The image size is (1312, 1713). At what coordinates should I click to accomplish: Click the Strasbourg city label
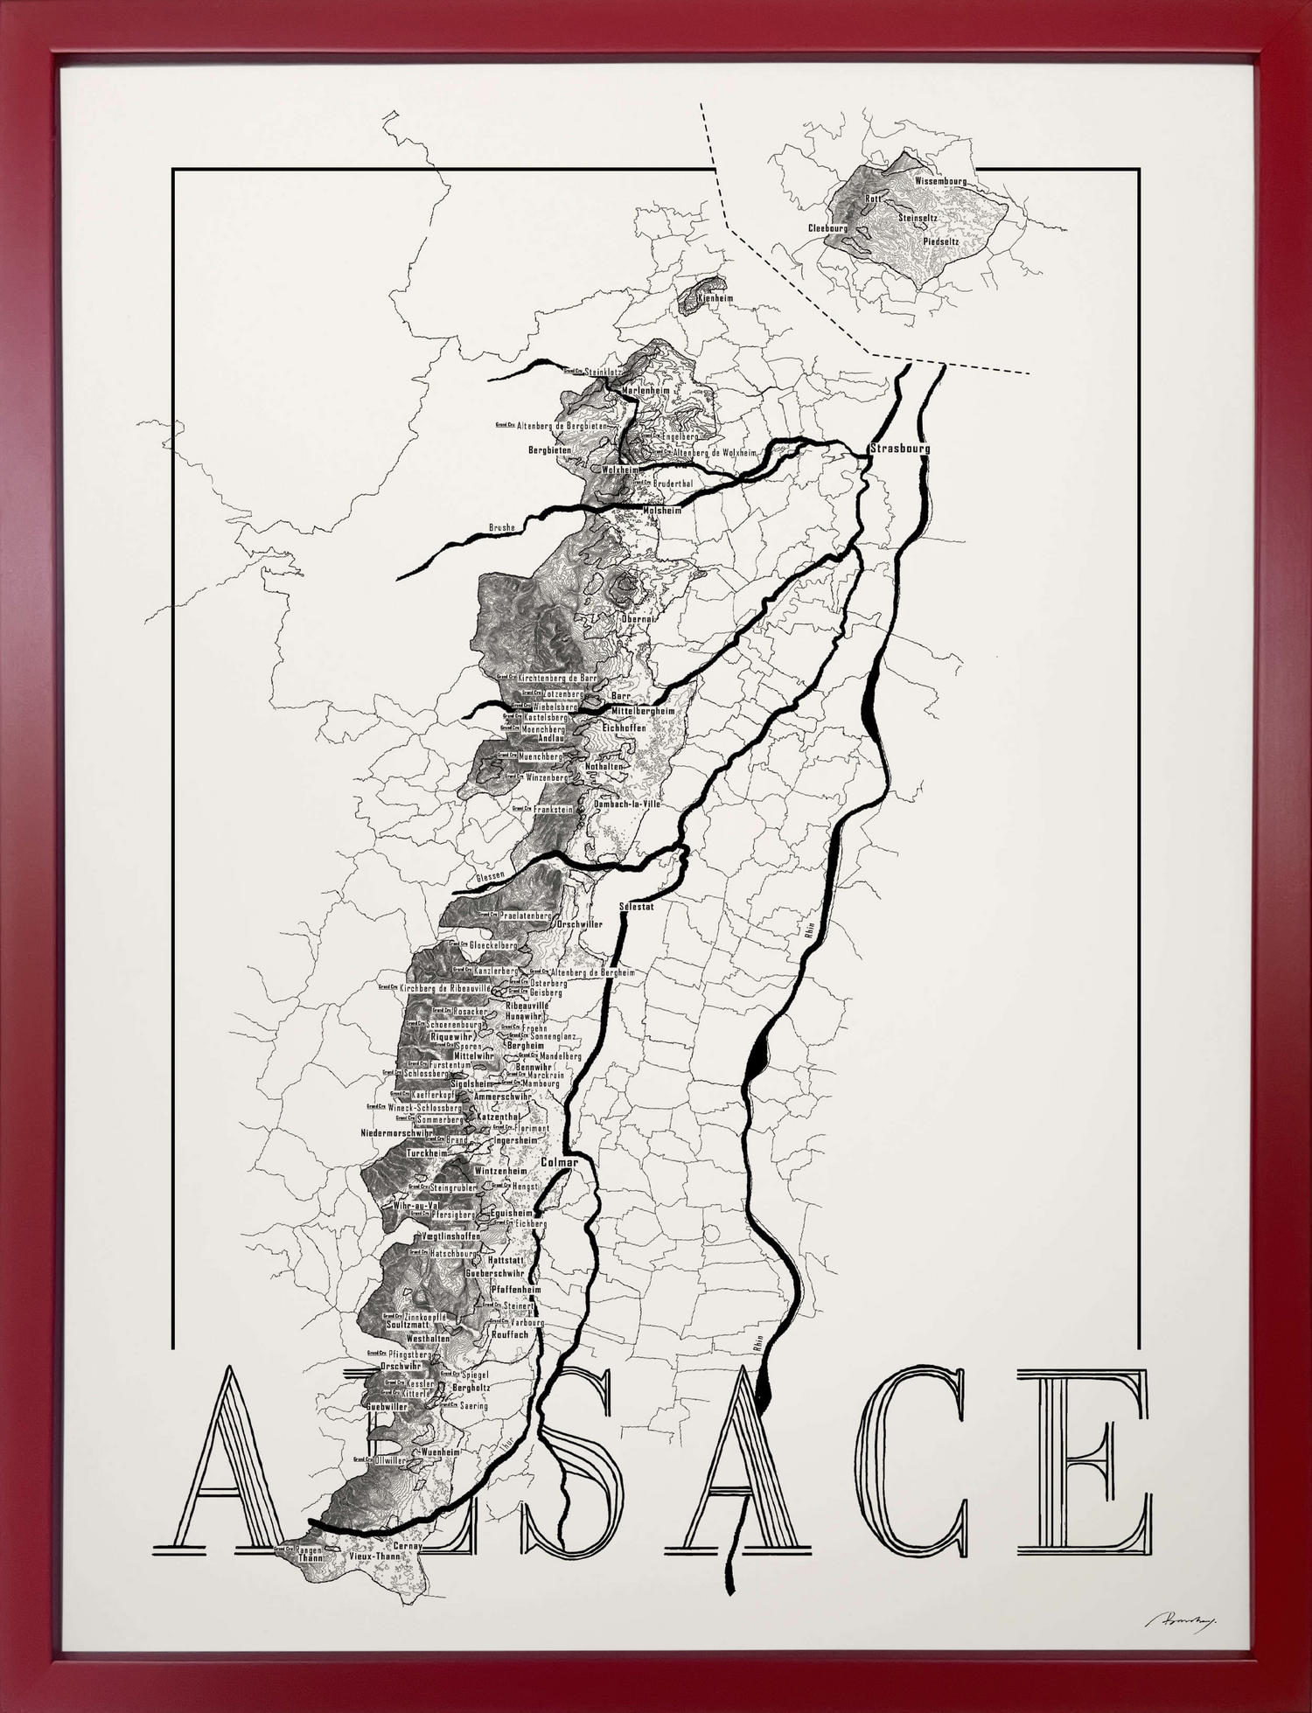coord(900,449)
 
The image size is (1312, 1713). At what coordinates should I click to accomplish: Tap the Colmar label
coord(559,1163)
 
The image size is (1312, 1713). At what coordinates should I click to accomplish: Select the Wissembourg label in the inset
coord(940,181)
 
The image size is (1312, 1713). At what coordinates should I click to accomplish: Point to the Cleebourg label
coord(827,228)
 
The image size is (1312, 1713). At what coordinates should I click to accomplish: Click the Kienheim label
coord(715,298)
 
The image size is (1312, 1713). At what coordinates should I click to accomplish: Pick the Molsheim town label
coord(661,510)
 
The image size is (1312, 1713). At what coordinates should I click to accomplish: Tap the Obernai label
coord(638,618)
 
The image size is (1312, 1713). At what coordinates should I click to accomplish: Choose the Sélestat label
coord(636,907)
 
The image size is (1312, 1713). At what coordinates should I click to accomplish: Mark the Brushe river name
coord(501,528)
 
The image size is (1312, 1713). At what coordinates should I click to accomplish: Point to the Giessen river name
coord(491,875)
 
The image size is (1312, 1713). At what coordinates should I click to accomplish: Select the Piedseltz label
coord(941,240)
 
